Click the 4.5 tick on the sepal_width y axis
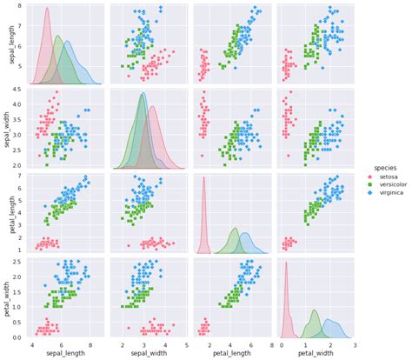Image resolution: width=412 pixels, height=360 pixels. click(x=17, y=90)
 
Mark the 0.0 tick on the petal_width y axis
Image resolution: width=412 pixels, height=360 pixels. click(x=17, y=337)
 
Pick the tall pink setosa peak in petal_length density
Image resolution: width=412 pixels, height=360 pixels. click(x=204, y=178)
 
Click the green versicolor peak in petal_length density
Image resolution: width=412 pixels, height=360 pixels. click(x=234, y=229)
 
